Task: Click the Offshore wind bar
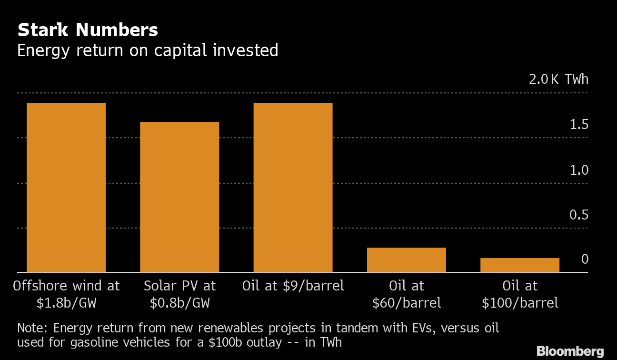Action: click(66, 188)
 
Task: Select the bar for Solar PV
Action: click(179, 197)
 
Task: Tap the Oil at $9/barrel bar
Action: click(293, 188)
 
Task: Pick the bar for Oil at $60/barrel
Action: click(406, 260)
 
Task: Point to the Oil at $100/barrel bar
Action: click(519, 265)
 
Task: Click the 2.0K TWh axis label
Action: click(558, 79)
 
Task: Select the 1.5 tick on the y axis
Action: click(579, 125)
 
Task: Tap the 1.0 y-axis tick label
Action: click(579, 170)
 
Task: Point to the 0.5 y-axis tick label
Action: click(579, 215)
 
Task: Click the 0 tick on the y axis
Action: click(585, 259)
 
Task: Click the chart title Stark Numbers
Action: click(88, 30)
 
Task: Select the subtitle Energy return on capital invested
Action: click(148, 50)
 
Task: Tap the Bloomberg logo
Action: click(570, 351)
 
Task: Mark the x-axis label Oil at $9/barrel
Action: click(293, 286)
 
